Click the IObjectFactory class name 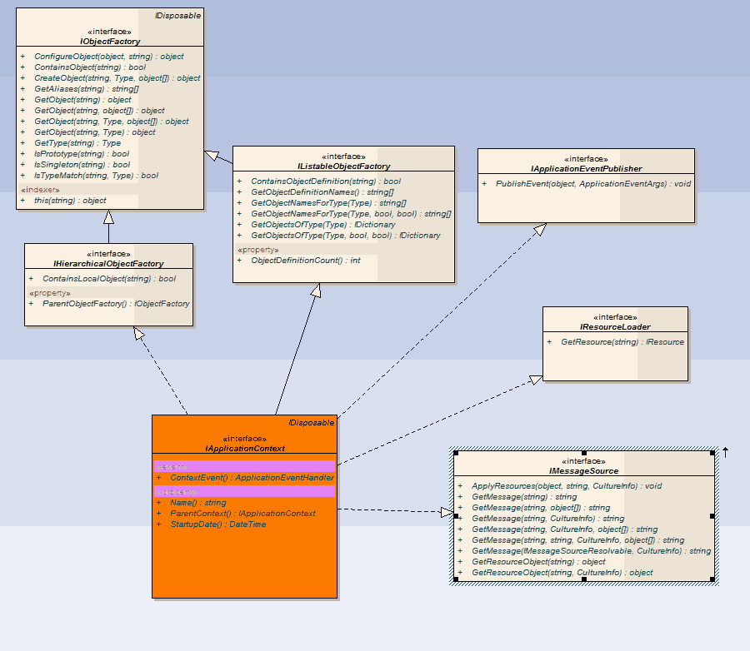click(x=110, y=41)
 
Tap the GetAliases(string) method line click(x=86, y=89)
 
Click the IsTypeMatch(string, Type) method click(x=96, y=176)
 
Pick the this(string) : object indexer click(x=70, y=201)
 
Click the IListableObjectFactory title click(x=343, y=166)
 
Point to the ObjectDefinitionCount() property click(x=305, y=261)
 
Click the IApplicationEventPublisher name click(x=586, y=168)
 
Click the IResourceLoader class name click(x=616, y=326)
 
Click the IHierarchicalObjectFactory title click(x=108, y=263)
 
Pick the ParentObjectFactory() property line click(x=116, y=304)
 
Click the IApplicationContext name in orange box click(x=245, y=448)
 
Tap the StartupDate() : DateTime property click(x=217, y=524)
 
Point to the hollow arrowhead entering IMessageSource click(x=447, y=512)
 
